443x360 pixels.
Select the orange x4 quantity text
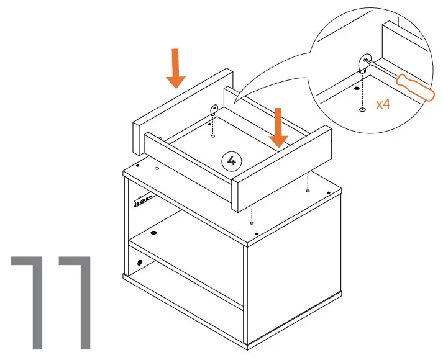(383, 104)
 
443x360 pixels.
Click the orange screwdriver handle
(414, 88)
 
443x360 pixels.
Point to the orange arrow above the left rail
(176, 68)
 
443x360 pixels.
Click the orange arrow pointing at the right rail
(278, 127)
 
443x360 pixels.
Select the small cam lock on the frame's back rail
(212, 111)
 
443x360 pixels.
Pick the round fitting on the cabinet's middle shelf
(153, 233)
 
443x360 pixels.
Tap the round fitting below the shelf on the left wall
(139, 263)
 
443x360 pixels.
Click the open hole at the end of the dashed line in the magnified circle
(362, 110)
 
